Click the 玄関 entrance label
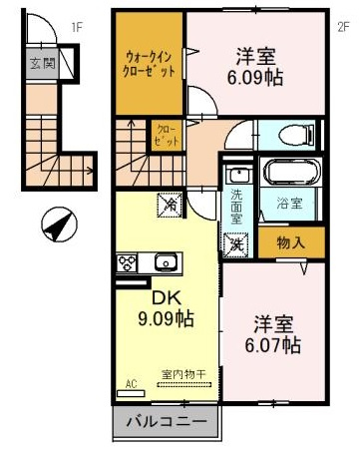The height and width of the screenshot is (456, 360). point(42,63)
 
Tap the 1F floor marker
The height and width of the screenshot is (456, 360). point(77,28)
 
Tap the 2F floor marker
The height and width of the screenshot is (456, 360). point(344,27)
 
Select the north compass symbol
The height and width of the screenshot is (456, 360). point(59,225)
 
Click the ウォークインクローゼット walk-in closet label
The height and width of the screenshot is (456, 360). point(149,65)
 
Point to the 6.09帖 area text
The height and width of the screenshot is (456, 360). point(255,78)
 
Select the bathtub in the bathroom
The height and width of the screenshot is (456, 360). point(290,172)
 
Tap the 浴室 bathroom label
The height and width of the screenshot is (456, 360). point(289,204)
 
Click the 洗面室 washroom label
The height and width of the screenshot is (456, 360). point(236,207)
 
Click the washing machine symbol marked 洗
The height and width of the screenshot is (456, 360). point(236,244)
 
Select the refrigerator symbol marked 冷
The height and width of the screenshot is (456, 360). point(170,205)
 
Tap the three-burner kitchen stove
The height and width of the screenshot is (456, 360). point(127,262)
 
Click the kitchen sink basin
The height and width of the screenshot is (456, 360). point(166,262)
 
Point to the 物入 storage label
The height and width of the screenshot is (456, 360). point(291,243)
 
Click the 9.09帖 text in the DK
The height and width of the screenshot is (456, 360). point(166,319)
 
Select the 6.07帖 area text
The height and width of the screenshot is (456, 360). point(273,345)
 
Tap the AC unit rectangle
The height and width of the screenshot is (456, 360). point(131,393)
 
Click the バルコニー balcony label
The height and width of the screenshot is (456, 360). point(167,422)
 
